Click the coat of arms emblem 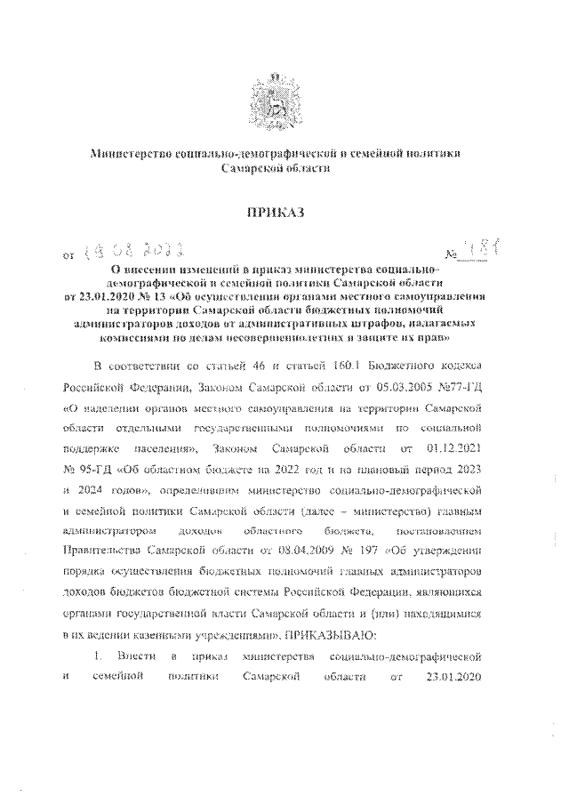pyautogui.click(x=284, y=96)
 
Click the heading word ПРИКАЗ pyautogui.click(x=284, y=212)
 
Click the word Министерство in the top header pyautogui.click(x=135, y=154)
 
